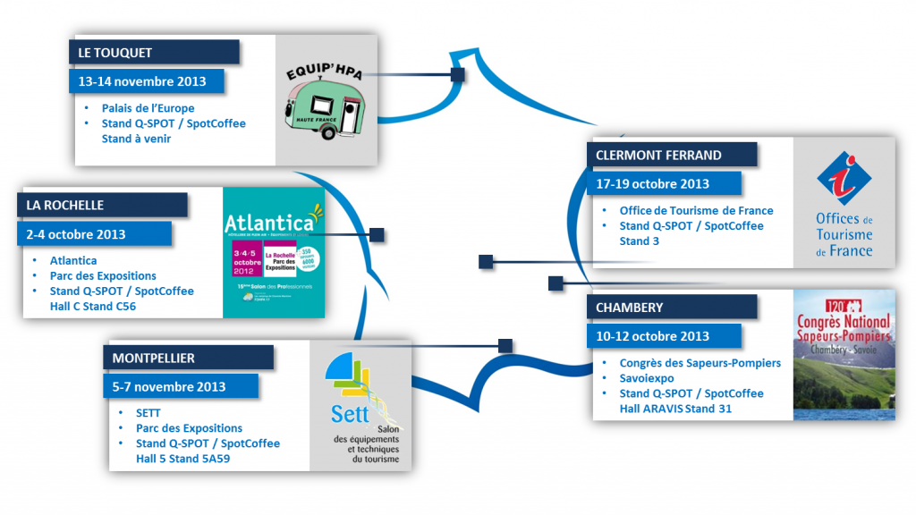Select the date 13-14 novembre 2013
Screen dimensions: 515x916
point(142,81)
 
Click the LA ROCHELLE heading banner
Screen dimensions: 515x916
point(65,205)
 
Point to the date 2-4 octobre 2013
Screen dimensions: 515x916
point(76,234)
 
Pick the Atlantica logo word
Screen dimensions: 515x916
point(269,221)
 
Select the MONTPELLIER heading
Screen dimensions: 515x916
point(154,358)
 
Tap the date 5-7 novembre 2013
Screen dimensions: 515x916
point(169,387)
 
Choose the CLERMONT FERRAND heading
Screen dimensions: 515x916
point(659,155)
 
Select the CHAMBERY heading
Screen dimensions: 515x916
point(630,307)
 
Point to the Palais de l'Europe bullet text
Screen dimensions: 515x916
point(148,108)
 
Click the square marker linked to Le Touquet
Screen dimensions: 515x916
point(458,75)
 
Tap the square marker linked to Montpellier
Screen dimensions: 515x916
point(505,345)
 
